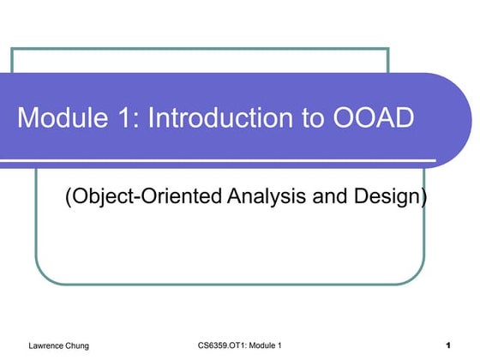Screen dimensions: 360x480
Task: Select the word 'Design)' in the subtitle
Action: [x=390, y=196]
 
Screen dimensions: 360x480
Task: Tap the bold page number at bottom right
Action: [x=448, y=345]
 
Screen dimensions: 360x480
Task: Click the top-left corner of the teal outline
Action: [x=11, y=49]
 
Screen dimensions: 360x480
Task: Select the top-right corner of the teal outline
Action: [x=388, y=49]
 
